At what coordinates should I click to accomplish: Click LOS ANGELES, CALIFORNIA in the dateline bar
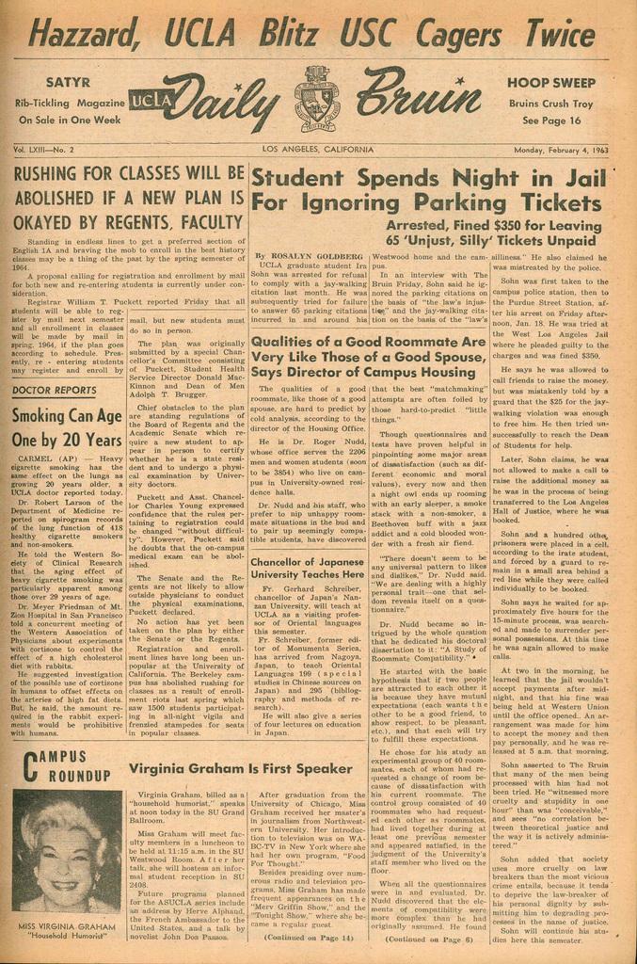coord(318,150)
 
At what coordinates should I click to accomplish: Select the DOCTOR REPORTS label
coord(56,389)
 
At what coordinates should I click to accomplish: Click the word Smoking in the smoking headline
coord(43,416)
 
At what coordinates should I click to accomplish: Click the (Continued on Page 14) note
coord(309,939)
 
